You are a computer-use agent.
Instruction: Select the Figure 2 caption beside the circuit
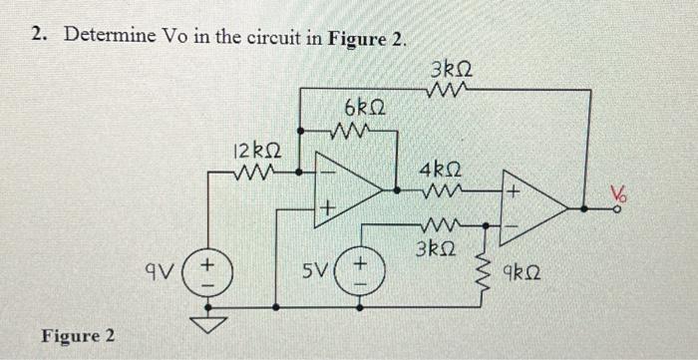click(78, 334)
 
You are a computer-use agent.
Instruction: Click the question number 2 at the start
click(37, 35)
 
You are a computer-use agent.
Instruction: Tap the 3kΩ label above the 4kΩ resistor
click(454, 71)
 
